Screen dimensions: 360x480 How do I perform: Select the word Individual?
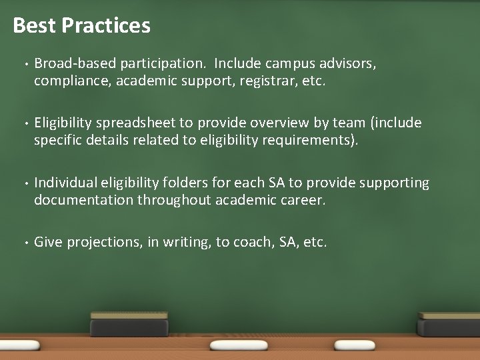tap(65, 183)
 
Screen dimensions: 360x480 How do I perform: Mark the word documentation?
tap(84, 200)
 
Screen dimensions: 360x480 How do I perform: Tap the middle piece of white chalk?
tap(239, 345)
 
